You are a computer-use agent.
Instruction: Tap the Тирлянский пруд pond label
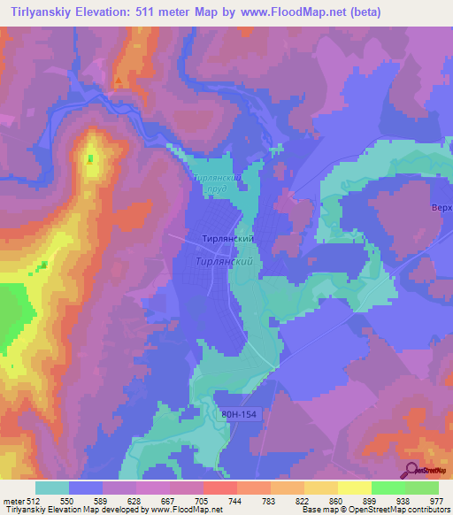coord(218,183)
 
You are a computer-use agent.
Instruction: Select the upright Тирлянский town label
coord(226,240)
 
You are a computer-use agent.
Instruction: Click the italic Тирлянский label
coord(225,262)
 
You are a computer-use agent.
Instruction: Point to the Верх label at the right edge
coord(442,207)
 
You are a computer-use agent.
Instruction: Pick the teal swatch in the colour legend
coord(52,487)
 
